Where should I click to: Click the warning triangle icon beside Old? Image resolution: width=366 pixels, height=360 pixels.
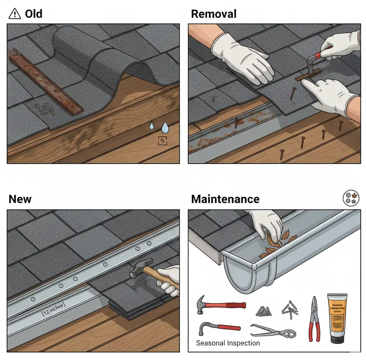click(x=14, y=14)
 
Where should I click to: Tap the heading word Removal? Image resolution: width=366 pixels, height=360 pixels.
click(x=214, y=14)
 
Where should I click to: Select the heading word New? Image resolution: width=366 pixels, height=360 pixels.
click(x=20, y=199)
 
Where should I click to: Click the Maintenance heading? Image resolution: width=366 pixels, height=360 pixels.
click(x=225, y=199)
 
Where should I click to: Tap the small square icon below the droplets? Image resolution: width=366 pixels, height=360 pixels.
click(x=163, y=141)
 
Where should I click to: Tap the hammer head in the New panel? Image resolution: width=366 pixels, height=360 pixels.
click(x=141, y=268)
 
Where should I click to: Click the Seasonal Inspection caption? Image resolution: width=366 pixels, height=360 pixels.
click(x=228, y=343)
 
